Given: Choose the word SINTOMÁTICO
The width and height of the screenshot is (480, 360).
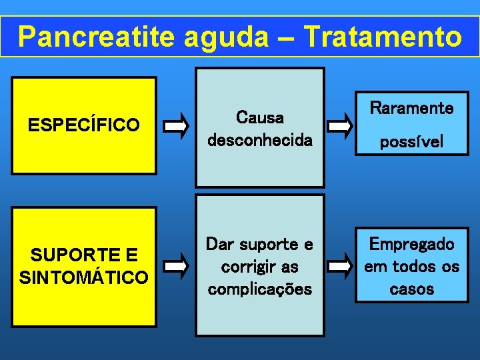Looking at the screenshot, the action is point(84,277).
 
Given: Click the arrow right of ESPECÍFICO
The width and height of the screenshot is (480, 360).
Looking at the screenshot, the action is point(177,125).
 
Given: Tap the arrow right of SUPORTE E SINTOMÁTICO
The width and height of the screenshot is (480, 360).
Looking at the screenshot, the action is point(177,266).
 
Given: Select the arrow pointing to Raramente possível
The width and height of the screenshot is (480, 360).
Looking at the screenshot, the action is point(340,125).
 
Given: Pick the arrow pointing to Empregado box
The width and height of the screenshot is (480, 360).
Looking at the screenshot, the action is point(340,266).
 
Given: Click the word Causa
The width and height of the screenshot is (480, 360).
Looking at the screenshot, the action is point(260,118).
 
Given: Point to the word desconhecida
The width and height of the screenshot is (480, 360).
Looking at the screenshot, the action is point(260,141).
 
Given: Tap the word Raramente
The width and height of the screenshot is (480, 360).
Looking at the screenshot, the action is point(412,107).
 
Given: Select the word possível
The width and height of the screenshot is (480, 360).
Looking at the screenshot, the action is point(412,142).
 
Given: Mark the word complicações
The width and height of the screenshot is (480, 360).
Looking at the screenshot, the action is point(260,289).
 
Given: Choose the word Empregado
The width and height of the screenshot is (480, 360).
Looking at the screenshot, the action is point(412,244).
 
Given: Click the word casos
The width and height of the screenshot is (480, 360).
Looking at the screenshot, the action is point(412,289).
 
